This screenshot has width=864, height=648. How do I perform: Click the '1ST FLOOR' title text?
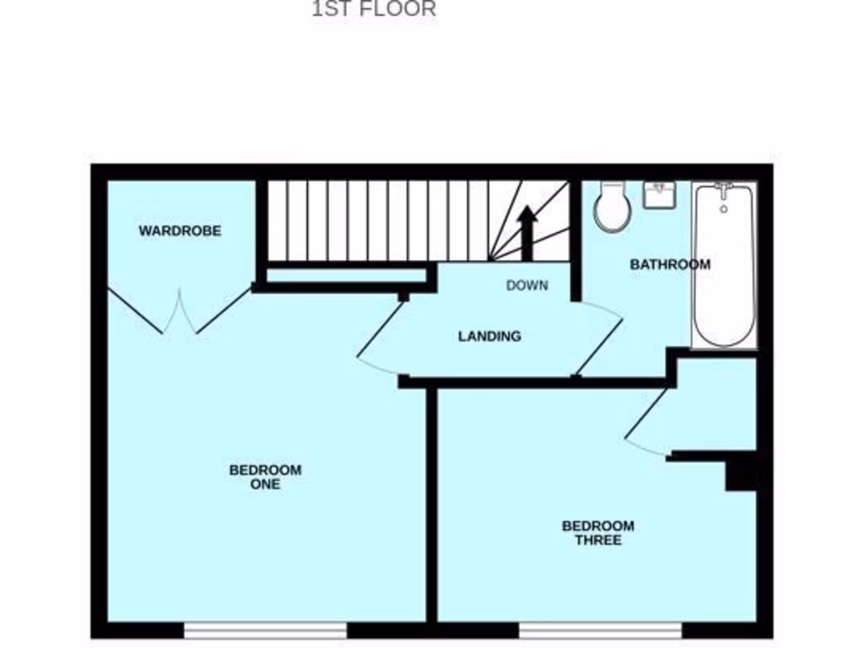[x=374, y=9]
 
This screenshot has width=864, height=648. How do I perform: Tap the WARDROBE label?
[x=180, y=230]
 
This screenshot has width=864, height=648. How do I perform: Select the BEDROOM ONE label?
[x=265, y=477]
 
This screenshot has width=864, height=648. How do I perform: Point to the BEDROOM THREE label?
[x=597, y=532]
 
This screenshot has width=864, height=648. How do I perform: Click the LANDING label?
[x=489, y=336]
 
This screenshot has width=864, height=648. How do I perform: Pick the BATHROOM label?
[x=670, y=264]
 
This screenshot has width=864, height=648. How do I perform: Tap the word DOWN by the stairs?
[x=526, y=285]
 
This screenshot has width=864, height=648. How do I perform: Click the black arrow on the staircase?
[x=526, y=231]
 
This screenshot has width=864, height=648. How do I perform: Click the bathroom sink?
[x=659, y=195]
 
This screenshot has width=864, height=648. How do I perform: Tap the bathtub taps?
[x=723, y=189]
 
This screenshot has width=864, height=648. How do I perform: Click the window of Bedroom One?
[x=265, y=629]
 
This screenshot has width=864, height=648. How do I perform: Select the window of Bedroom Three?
[x=600, y=629]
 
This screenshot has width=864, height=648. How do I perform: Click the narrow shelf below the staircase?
[x=346, y=275]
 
